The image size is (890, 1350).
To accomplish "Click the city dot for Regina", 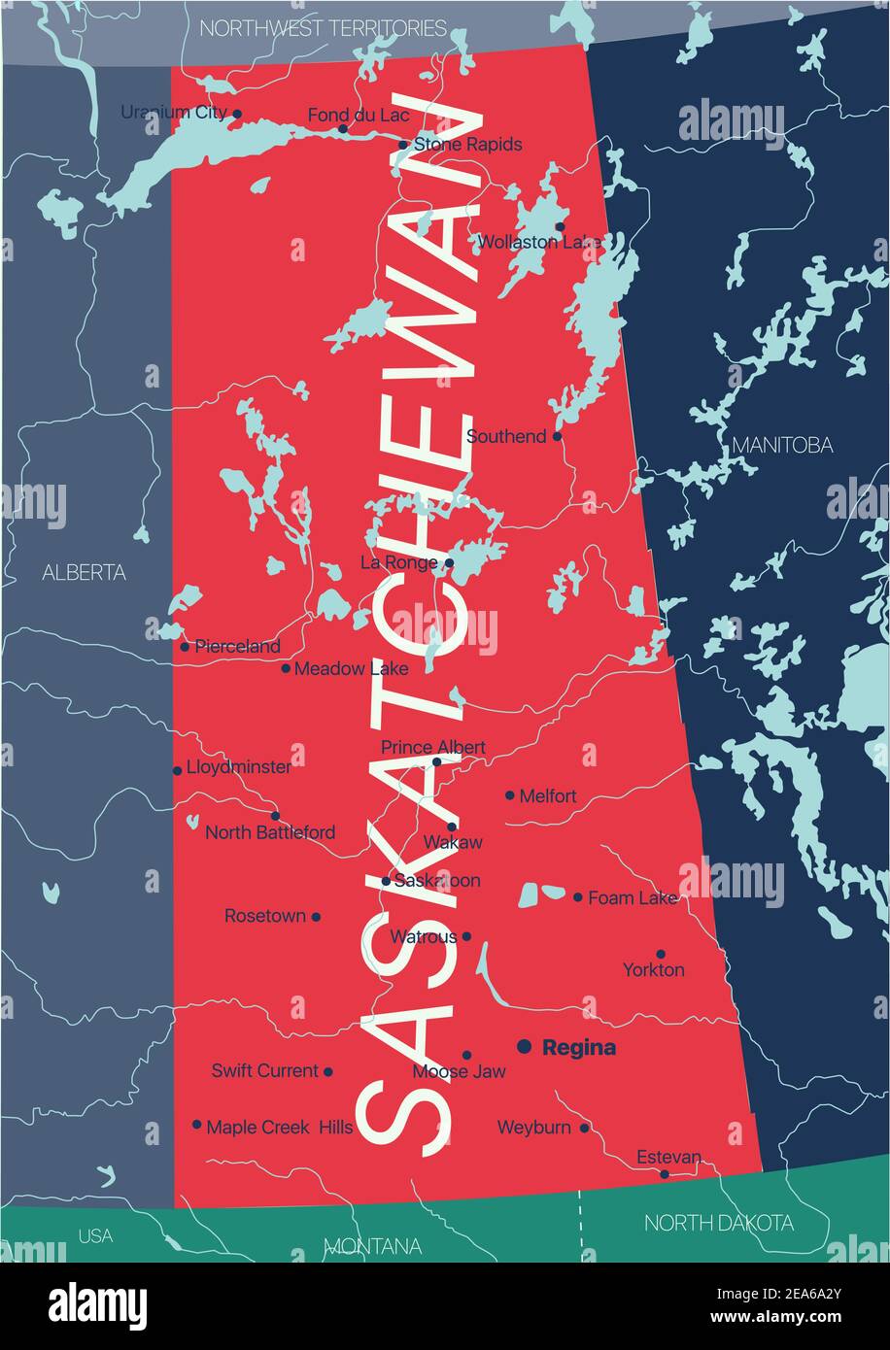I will click(x=524, y=1046).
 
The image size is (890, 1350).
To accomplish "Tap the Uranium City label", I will click(x=174, y=113).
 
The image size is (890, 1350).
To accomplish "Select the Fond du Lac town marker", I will click(x=342, y=128).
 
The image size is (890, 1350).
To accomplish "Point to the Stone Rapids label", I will click(x=467, y=145).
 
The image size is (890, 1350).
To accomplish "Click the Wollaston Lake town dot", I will click(x=560, y=226).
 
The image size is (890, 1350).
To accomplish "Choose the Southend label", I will click(x=506, y=437).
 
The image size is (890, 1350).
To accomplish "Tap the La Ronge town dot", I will click(x=449, y=562).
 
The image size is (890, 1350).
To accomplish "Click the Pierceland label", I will click(x=237, y=646).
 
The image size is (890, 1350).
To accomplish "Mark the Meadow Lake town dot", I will click(x=286, y=668).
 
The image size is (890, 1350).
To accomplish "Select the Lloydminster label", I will click(x=238, y=767).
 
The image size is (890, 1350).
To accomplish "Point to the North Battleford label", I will click(x=270, y=832).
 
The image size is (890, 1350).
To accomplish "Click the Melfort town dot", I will click(x=510, y=794).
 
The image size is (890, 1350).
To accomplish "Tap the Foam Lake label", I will click(x=633, y=898).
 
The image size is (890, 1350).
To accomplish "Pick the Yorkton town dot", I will click(x=661, y=954).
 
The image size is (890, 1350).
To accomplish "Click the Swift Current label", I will click(x=265, y=1071).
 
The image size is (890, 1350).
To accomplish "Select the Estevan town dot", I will click(x=665, y=1173).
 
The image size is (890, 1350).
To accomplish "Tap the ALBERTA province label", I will click(x=84, y=573).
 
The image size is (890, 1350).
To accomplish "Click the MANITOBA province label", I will click(x=782, y=445).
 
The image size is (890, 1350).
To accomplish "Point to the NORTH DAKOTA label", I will click(x=718, y=1223).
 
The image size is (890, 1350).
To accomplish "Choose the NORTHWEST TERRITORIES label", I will click(x=323, y=28).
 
